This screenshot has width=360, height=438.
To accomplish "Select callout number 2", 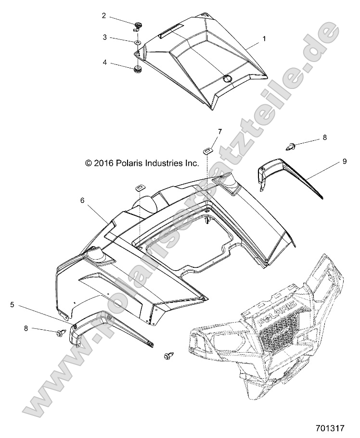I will point(104,15).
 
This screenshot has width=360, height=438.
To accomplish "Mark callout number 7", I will point(206,131).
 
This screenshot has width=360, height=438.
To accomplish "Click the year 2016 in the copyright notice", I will point(104,163).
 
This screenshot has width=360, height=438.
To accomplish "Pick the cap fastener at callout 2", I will point(138,25).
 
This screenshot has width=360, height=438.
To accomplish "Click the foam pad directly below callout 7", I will point(207,151).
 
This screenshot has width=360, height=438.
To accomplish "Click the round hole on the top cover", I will point(227,78).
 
